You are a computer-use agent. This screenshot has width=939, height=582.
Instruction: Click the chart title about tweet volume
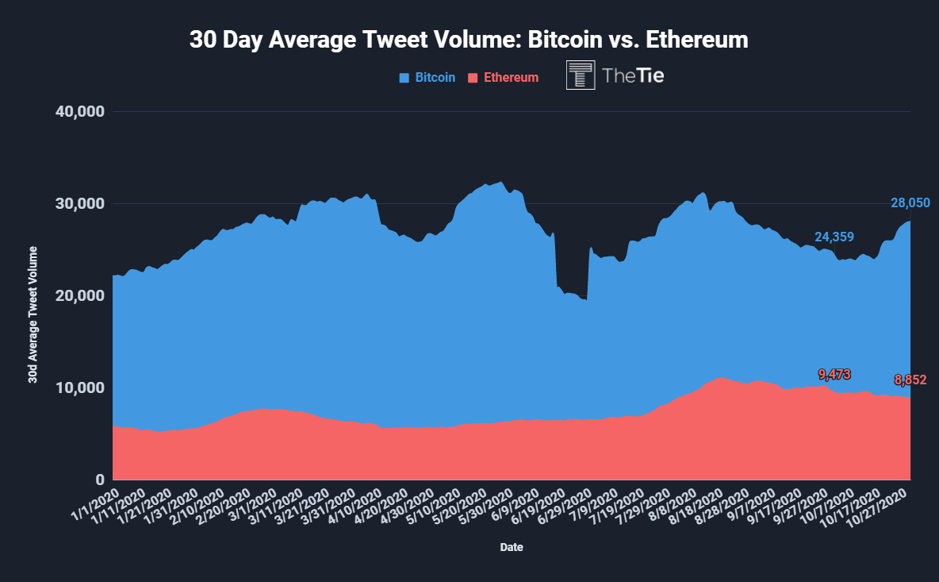469,40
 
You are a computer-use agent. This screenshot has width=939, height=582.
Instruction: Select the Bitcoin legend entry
427,77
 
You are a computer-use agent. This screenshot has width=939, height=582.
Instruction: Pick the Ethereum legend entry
503,77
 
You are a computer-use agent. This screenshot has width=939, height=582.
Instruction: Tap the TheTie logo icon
581,75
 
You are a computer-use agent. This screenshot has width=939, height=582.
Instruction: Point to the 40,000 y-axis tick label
79,111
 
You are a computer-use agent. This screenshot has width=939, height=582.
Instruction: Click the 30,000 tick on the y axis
79,204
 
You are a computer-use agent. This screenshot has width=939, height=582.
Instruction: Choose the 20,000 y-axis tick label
79,295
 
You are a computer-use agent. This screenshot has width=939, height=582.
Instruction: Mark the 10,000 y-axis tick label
79,387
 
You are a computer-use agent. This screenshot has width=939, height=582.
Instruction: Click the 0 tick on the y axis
99,480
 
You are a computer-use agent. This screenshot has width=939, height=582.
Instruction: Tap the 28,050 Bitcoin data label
910,203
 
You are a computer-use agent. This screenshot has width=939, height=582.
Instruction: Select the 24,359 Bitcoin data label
834,237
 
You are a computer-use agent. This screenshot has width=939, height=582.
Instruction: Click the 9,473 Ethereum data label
834,375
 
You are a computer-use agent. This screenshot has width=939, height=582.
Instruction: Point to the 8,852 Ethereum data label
910,380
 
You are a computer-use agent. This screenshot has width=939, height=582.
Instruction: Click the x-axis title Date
512,547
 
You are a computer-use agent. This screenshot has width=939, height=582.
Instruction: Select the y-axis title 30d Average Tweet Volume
33,314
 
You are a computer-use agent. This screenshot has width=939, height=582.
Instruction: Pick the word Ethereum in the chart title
697,40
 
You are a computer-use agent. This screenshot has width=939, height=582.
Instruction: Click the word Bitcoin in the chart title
565,40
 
